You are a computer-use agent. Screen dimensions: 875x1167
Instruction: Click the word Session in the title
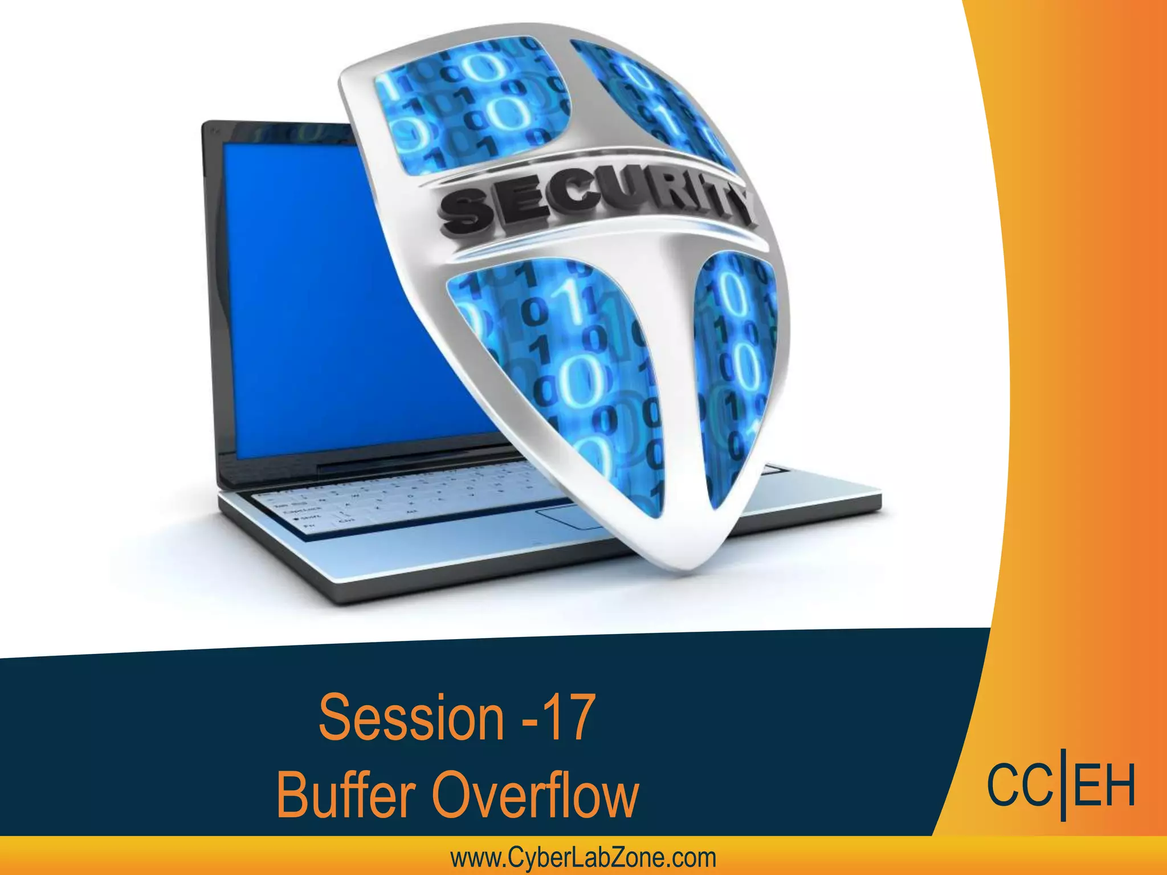click(411, 717)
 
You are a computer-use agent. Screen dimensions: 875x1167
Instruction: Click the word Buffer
click(345, 795)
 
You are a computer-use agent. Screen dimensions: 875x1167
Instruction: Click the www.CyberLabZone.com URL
click(583, 858)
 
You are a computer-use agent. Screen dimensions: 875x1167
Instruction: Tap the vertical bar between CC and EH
click(1063, 789)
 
